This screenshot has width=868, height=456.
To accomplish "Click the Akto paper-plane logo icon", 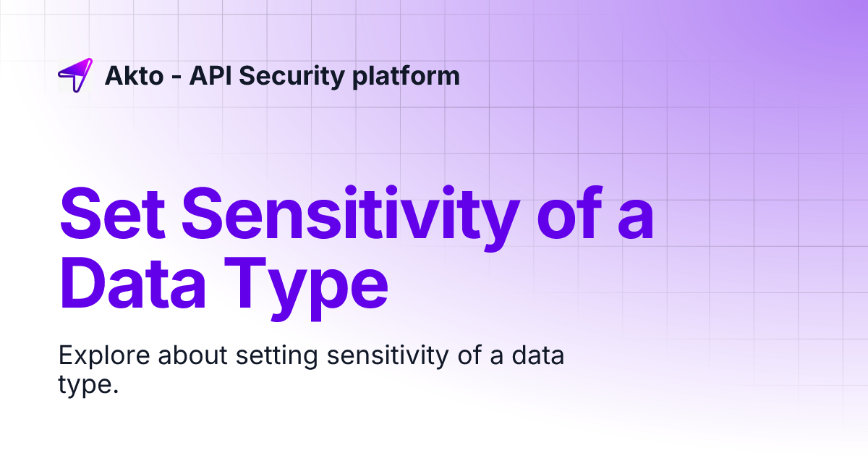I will pyautogui.click(x=75, y=75).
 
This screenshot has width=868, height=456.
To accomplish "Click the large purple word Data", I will pyautogui.click(x=144, y=286).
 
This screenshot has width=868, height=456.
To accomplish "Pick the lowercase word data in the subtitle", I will pyautogui.click(x=537, y=356).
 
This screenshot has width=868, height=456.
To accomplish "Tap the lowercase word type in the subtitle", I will pyautogui.click(x=83, y=384).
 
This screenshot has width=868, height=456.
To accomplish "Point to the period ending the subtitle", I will pyautogui.click(x=114, y=391).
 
